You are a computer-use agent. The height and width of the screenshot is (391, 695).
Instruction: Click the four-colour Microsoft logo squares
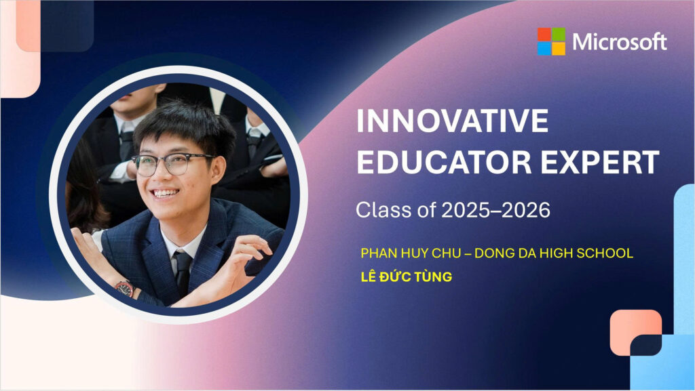pyautogui.click(x=551, y=41)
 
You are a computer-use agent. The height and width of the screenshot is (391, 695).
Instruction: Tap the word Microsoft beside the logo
pyautogui.click(x=620, y=42)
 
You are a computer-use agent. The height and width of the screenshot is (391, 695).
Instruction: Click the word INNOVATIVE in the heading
pyautogui.click(x=453, y=121)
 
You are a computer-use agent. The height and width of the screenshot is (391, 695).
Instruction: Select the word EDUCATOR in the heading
pyautogui.click(x=444, y=163)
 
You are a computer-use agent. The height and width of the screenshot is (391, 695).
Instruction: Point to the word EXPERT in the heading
pyautogui.click(x=600, y=163)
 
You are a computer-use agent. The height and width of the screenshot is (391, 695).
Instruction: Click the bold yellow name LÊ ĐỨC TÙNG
pyautogui.click(x=407, y=276)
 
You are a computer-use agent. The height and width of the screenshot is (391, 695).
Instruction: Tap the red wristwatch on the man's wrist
pyautogui.click(x=125, y=289)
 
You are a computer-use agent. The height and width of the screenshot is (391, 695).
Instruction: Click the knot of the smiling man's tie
pyautogui.click(x=183, y=258)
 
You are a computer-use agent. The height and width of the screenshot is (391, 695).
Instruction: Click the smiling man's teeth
pyautogui.click(x=166, y=193)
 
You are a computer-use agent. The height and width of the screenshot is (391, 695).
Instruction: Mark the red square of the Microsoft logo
pyautogui.click(x=544, y=35)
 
